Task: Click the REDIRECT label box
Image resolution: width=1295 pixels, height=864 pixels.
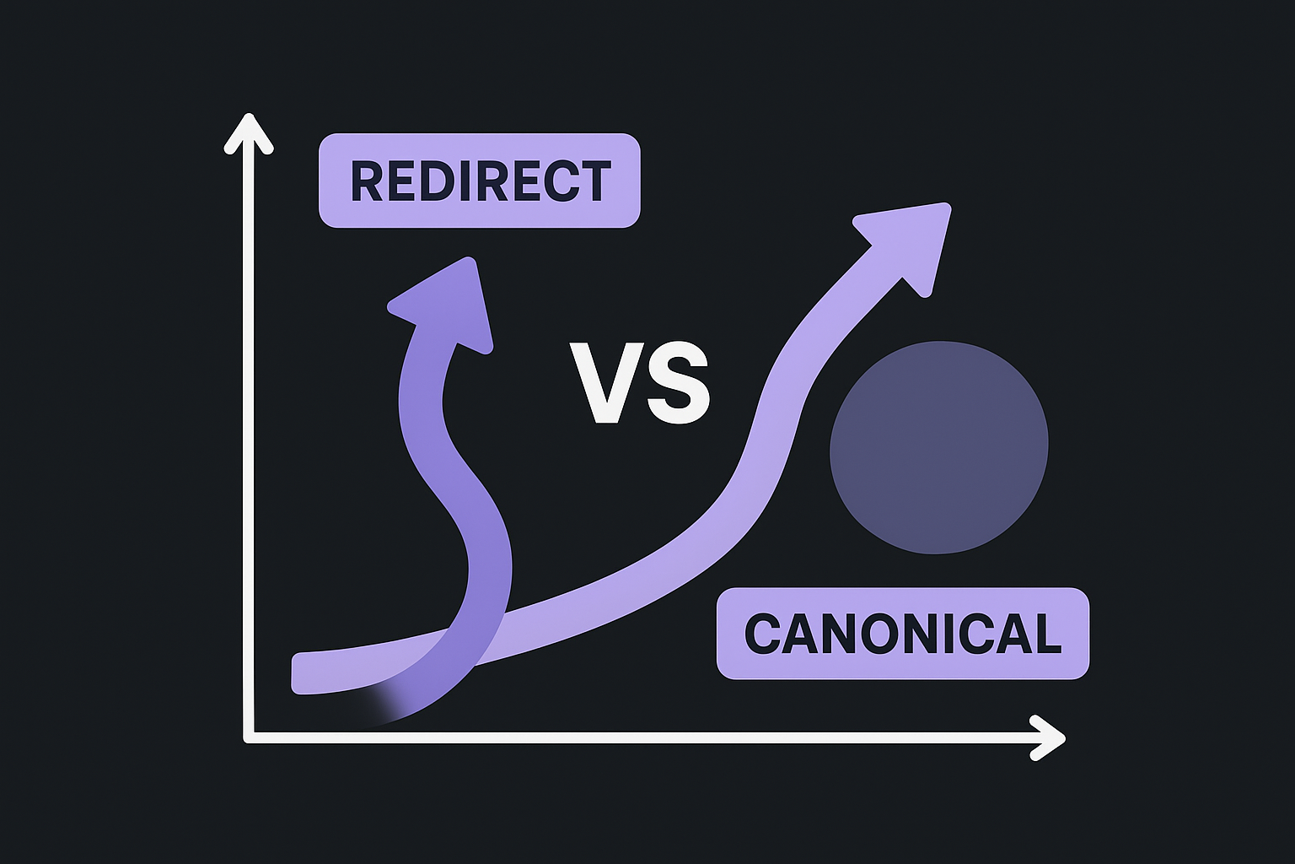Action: [x=479, y=180]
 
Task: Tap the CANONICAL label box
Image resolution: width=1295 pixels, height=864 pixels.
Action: [x=902, y=633]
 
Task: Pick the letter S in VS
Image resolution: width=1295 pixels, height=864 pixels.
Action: [x=677, y=383]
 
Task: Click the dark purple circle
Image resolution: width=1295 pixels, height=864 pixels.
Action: [x=938, y=447]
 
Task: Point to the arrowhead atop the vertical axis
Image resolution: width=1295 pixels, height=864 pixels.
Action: [x=249, y=133]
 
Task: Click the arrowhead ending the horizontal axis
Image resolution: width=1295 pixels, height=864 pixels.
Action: [x=1049, y=738]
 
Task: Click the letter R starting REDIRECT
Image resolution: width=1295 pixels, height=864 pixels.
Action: [x=366, y=181]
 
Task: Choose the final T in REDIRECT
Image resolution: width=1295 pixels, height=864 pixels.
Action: [x=595, y=181]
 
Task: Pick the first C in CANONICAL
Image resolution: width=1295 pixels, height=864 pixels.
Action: [x=762, y=634]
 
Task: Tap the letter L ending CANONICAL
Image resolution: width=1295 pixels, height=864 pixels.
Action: [x=1046, y=634]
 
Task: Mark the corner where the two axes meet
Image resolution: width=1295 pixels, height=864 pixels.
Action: [x=250, y=738]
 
